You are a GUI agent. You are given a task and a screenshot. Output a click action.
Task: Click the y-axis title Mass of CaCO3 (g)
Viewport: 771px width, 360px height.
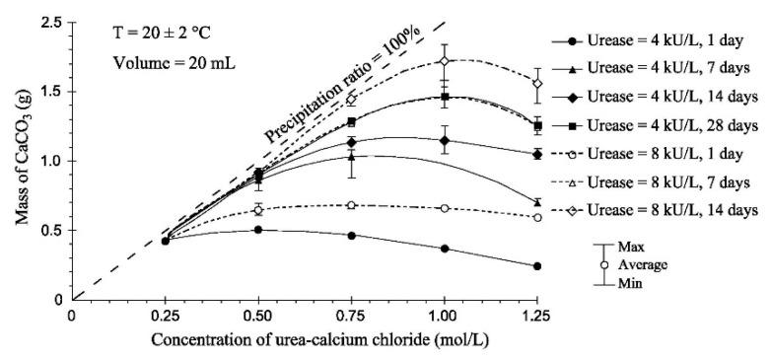point(20,158)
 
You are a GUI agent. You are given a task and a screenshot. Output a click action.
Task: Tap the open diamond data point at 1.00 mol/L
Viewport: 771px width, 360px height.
point(445,61)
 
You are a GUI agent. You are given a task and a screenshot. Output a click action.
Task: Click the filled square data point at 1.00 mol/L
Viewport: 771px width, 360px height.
point(445,97)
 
